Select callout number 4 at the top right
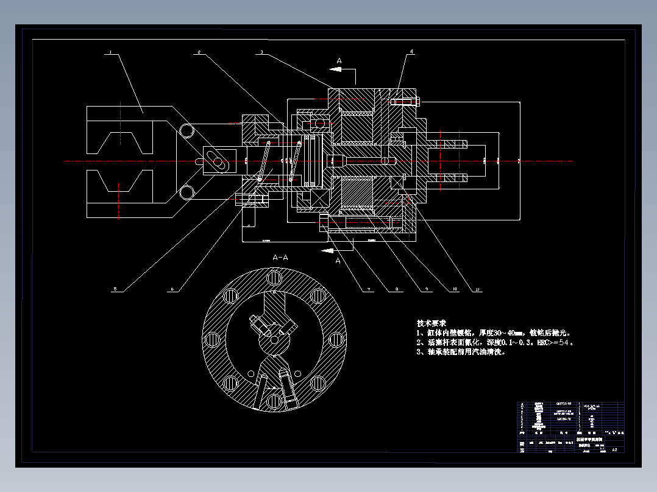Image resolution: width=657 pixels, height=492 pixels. pos(411,52)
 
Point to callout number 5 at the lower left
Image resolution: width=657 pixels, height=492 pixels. pos(114,289)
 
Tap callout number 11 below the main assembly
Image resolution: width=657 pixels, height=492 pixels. pos(478,289)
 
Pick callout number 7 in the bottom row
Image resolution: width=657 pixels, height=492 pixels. pos(368,289)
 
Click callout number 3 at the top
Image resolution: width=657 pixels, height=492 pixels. pos(261,53)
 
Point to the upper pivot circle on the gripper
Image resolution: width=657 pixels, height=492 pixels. pos(186,130)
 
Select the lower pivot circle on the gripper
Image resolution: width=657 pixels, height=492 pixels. pos(186,192)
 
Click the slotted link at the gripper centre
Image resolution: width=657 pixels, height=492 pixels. pos(216,161)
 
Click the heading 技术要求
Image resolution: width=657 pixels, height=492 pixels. pos(431,323)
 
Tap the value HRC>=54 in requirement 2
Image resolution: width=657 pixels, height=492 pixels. pos(555,342)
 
